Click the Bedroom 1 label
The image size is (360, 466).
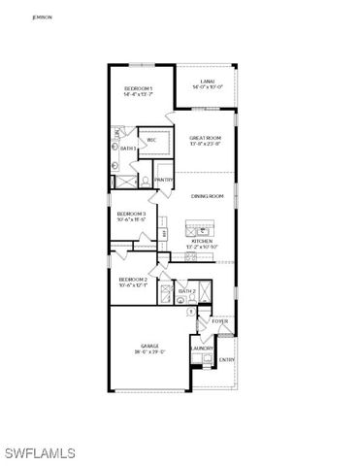[139, 88]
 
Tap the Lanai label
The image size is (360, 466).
[208, 82]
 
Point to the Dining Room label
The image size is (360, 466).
[208, 196]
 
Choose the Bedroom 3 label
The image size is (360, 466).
[131, 213]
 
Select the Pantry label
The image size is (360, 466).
[163, 180]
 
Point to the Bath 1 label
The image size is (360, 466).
[127, 149]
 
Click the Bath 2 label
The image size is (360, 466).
[187, 291]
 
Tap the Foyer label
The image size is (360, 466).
[220, 319]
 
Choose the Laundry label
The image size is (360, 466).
[202, 348]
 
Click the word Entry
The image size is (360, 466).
[227, 360]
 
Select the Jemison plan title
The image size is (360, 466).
[41, 17]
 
